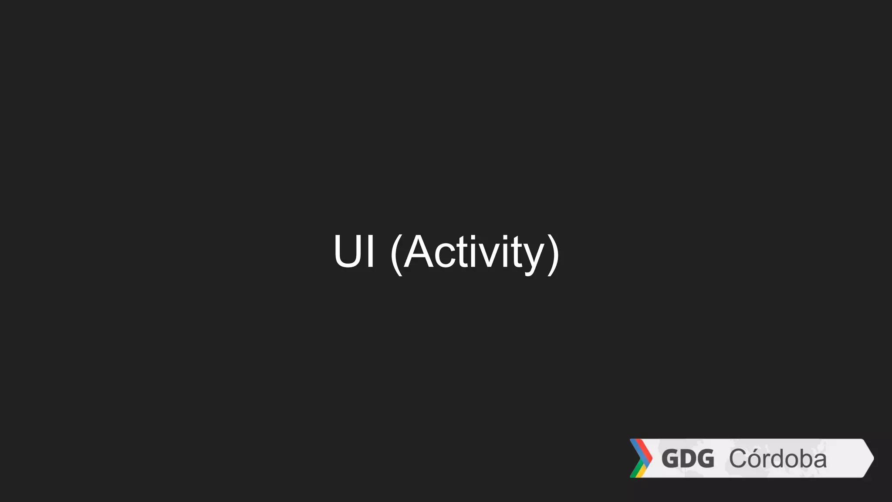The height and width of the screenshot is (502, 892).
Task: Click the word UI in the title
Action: [354, 251]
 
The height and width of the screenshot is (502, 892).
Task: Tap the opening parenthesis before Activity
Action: [396, 254]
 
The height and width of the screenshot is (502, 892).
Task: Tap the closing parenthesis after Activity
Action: [553, 254]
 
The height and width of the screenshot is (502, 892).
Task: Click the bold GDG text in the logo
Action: [688, 459]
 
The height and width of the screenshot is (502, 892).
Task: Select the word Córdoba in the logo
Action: [778, 459]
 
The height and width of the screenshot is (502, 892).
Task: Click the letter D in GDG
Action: [688, 459]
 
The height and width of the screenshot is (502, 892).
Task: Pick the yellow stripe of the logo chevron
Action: [642, 472]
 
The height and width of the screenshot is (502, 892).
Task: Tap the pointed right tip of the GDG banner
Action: [872, 458]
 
